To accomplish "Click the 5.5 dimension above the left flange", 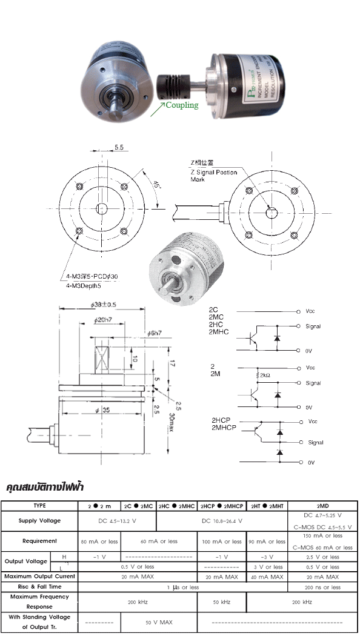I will (x=119, y=147).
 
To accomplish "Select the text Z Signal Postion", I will (x=214, y=173).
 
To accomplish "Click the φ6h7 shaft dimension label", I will (x=155, y=333).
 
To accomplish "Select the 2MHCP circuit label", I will (x=224, y=428).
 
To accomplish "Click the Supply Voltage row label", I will (x=39, y=520).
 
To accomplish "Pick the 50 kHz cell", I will (x=221, y=603).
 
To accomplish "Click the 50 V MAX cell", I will (x=159, y=622).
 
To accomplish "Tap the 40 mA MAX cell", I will (x=267, y=577).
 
